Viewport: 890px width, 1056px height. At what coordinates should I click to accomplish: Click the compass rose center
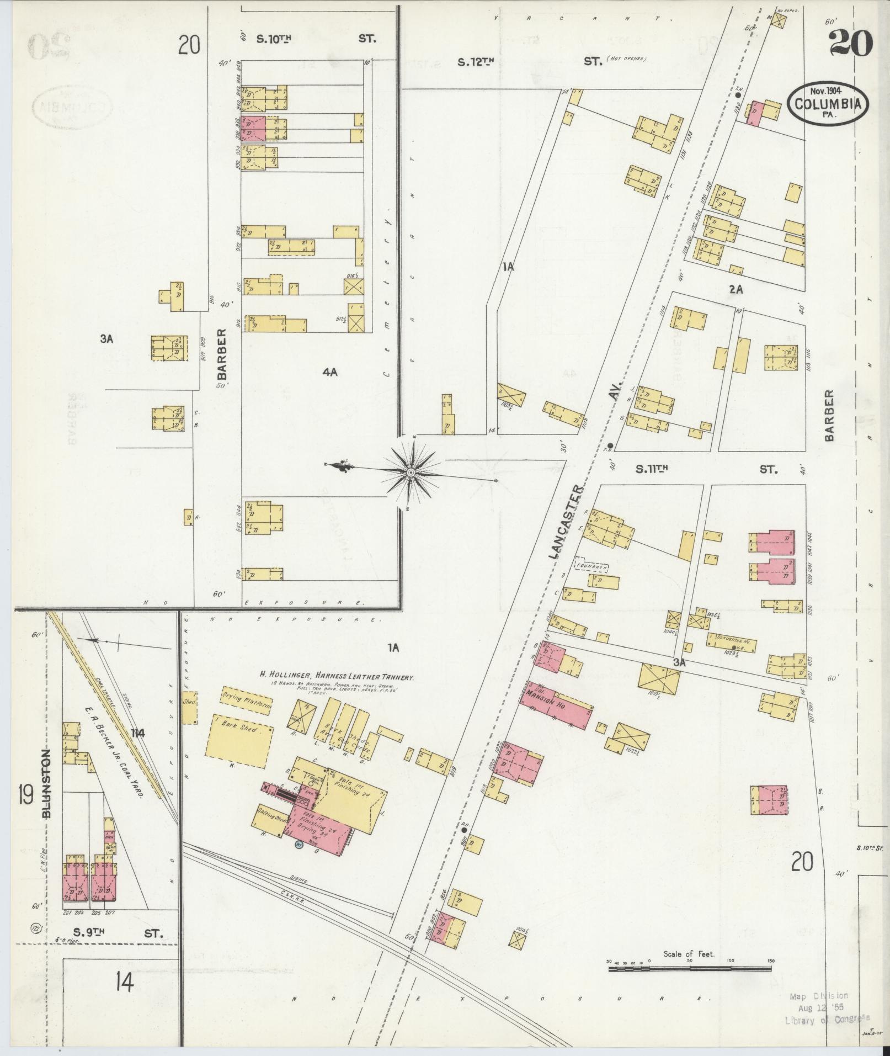pyautogui.click(x=411, y=473)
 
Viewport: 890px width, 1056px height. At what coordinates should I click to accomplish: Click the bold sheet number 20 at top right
pyautogui.click(x=850, y=44)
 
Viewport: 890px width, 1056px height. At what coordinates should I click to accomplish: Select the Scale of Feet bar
pyautogui.click(x=690, y=582)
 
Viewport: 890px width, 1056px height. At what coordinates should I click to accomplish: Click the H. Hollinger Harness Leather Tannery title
pyautogui.click(x=337, y=676)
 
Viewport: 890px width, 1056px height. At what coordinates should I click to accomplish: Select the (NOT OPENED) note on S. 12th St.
pyautogui.click(x=626, y=59)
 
